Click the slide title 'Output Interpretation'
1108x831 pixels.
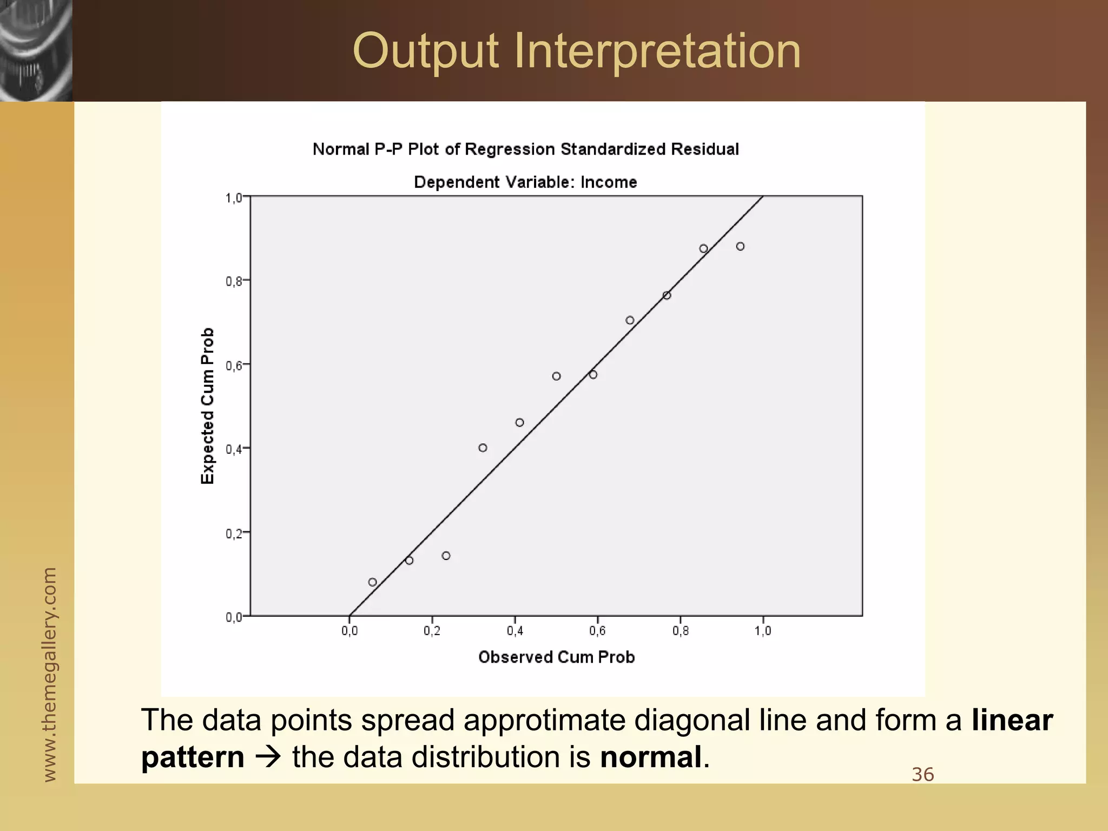coord(577,51)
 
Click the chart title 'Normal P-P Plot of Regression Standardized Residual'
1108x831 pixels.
coord(525,149)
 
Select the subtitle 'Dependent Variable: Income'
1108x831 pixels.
coord(525,182)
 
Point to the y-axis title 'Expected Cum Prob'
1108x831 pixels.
coord(208,406)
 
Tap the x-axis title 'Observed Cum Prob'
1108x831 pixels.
coord(556,657)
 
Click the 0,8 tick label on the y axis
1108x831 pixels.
coord(234,281)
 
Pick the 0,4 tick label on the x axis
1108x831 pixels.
coord(515,631)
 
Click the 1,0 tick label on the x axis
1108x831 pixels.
coord(763,631)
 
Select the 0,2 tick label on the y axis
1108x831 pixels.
coord(234,533)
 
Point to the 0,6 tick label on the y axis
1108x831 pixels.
coord(234,365)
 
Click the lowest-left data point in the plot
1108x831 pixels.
coord(372,582)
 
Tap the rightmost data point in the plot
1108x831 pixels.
coord(740,247)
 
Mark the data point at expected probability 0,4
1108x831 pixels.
coord(483,448)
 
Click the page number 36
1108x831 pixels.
coord(922,775)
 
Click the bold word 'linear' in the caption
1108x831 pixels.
coord(1012,720)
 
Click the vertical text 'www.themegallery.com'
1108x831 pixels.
coord(49,674)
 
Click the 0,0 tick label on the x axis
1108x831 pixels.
coord(349,631)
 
